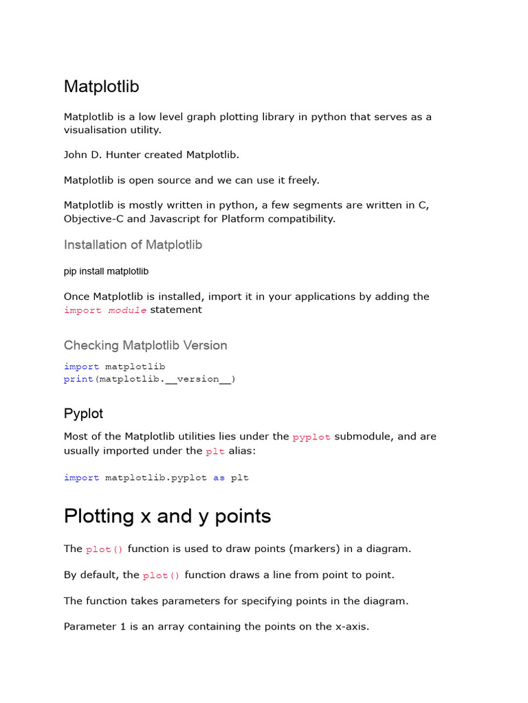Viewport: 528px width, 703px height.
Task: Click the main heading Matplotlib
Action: coord(101,87)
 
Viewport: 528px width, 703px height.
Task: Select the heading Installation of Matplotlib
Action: coord(133,245)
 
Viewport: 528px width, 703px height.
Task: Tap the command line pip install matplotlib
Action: coord(106,271)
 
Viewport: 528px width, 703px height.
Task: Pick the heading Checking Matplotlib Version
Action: coord(145,345)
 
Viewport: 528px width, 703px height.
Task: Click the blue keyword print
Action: coord(78,379)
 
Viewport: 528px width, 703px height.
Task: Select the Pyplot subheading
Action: coord(83,413)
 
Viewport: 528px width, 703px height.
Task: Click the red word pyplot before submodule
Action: coord(311,437)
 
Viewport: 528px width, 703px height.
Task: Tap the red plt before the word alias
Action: coord(215,452)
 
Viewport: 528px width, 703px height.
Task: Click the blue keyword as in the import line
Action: coord(219,478)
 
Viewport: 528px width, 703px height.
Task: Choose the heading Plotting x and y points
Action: coord(167,516)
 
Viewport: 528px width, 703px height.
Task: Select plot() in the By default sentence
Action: coord(161,576)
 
